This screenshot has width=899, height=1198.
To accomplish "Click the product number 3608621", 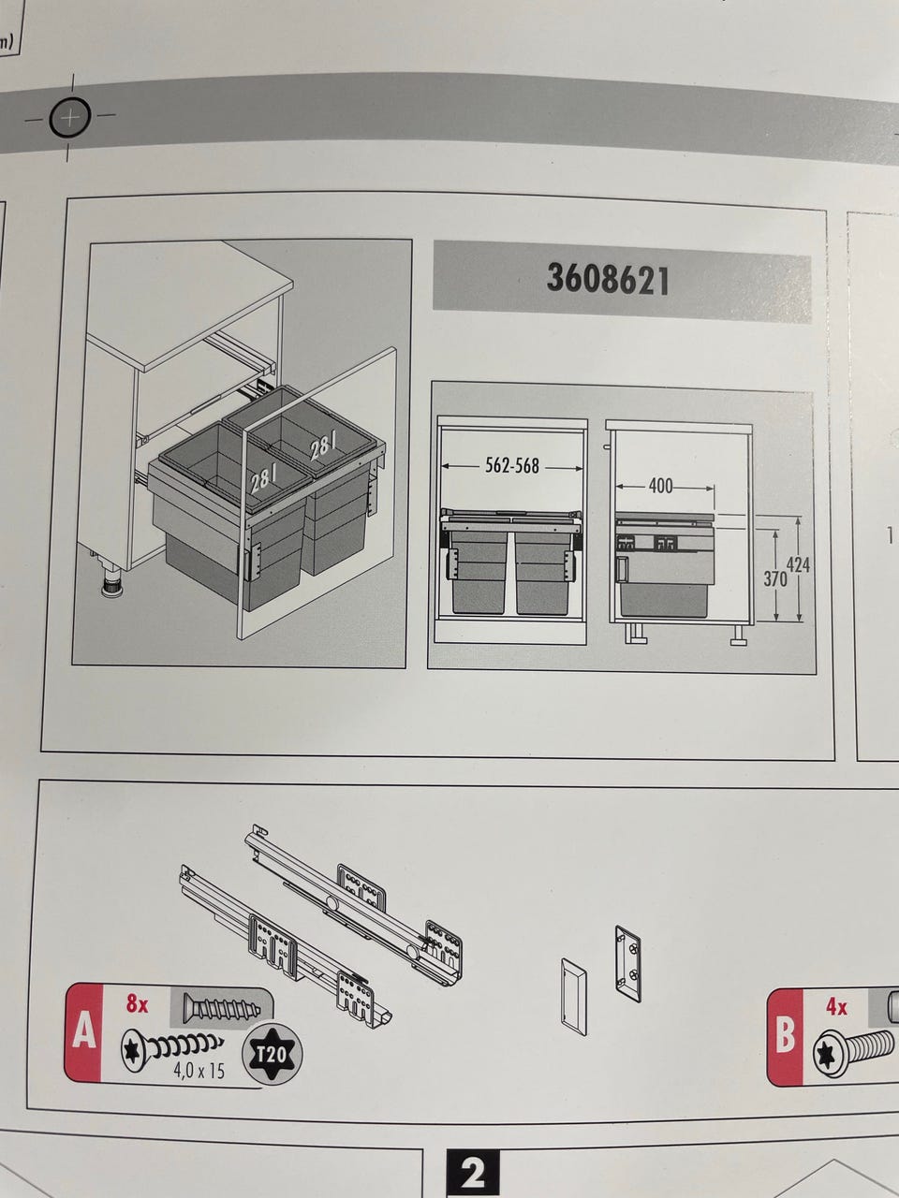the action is click(607, 278).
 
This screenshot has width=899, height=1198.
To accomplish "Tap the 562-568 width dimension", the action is click(512, 465).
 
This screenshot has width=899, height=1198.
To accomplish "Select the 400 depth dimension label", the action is click(660, 485).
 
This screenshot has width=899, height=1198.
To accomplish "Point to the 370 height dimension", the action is click(775, 578).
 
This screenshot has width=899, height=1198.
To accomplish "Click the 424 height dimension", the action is click(798, 565).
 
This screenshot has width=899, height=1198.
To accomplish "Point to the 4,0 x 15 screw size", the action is click(199, 1071).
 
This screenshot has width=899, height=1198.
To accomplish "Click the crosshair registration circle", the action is click(70, 117).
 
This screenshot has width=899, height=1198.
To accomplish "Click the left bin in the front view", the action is click(480, 572).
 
